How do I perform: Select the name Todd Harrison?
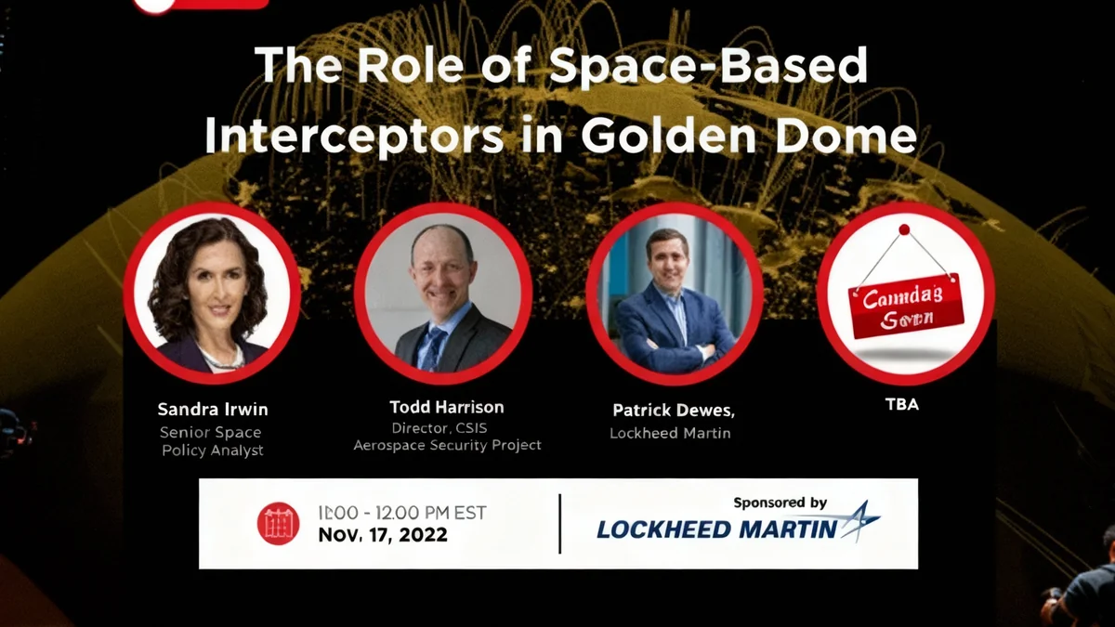[x=446, y=408]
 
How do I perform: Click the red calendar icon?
[x=278, y=523]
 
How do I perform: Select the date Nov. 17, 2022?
[x=382, y=535]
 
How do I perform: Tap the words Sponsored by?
[x=780, y=503]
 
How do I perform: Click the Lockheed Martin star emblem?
[x=859, y=522]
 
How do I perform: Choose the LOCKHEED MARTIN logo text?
[x=717, y=529]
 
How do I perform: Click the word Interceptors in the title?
[x=355, y=136]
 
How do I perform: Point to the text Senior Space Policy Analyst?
[x=211, y=441]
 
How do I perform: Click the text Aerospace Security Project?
[x=447, y=446]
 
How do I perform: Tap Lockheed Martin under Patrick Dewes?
[x=670, y=433]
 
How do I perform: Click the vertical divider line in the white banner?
[x=559, y=523]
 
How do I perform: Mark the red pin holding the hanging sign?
[x=903, y=229]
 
